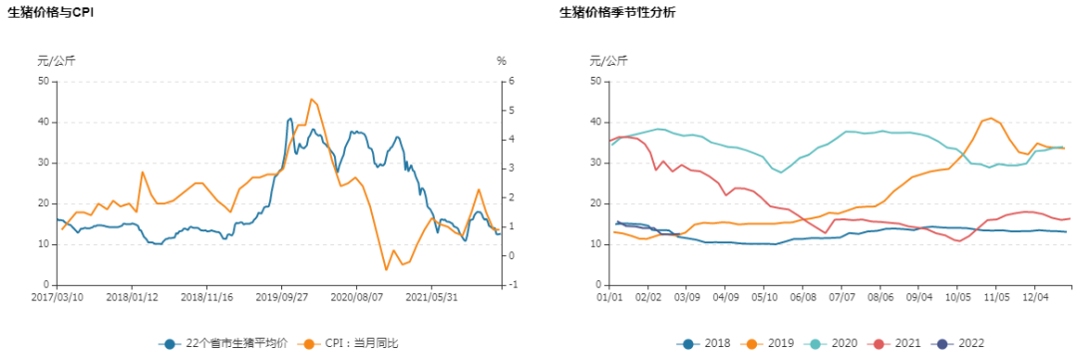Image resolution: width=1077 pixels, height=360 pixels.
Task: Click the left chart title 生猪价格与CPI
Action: coord(65,13)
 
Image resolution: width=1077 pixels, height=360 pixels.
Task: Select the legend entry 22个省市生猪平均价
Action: coord(225,343)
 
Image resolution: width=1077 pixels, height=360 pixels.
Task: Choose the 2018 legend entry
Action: coord(704,343)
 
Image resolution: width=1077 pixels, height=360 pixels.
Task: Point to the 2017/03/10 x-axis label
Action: coord(58,296)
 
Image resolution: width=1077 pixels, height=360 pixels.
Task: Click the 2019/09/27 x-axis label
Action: coord(282,296)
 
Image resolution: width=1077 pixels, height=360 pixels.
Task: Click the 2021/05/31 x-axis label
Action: coord(432,296)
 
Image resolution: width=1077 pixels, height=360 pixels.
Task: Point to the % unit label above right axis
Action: coord(502,61)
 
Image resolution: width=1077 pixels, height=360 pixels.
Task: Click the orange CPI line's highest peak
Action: coord(311,99)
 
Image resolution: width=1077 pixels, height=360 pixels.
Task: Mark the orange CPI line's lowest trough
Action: coord(386,269)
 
